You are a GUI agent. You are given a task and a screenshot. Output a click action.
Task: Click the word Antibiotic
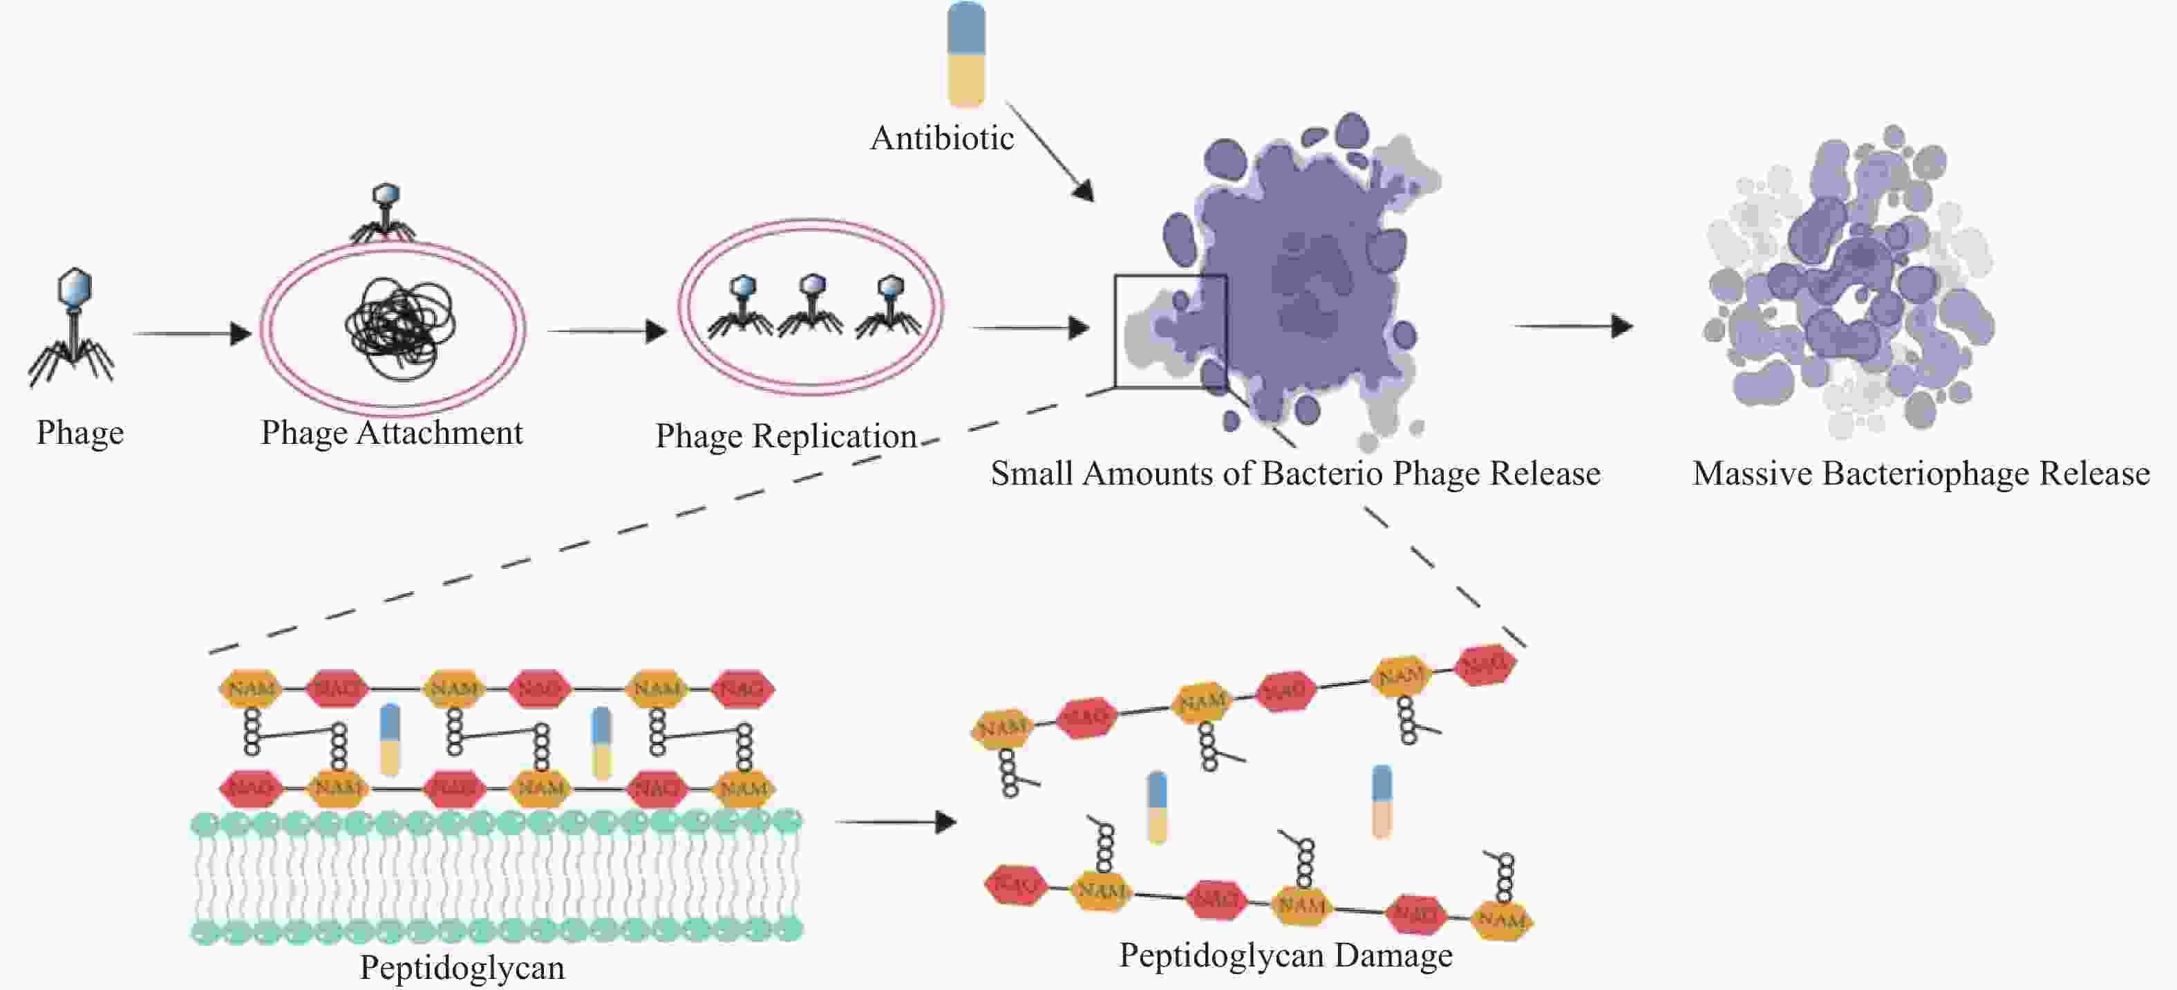(x=941, y=138)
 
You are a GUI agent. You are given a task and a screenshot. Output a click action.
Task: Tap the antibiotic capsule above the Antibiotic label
(x=966, y=55)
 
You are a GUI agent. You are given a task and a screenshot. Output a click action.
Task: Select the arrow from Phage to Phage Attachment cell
(x=193, y=334)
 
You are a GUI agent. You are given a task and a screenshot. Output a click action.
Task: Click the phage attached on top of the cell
(x=384, y=213)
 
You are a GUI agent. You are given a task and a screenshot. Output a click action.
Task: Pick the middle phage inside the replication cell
(x=811, y=305)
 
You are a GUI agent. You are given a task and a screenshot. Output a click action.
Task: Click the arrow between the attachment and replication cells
(x=607, y=330)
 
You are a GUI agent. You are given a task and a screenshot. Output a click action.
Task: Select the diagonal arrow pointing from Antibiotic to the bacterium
(x=1050, y=153)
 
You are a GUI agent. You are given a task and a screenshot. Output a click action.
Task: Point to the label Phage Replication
(x=786, y=436)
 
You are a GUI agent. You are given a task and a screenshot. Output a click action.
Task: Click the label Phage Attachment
(x=391, y=433)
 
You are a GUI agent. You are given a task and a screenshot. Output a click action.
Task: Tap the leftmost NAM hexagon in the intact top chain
(x=251, y=689)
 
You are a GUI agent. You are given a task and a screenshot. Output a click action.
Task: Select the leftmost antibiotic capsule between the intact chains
(x=390, y=739)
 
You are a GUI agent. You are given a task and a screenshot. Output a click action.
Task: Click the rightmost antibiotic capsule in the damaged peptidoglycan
(x=1382, y=801)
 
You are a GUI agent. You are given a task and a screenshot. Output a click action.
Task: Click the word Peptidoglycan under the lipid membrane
(x=462, y=968)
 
